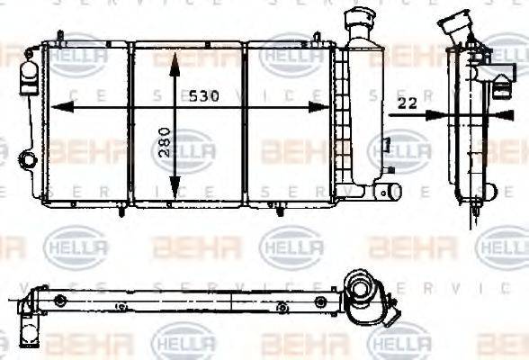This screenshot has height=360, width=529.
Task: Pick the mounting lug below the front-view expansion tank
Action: [389, 192]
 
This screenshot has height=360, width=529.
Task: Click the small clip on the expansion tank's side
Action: [384, 144]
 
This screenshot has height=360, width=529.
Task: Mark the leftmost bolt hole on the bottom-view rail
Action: [59, 301]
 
